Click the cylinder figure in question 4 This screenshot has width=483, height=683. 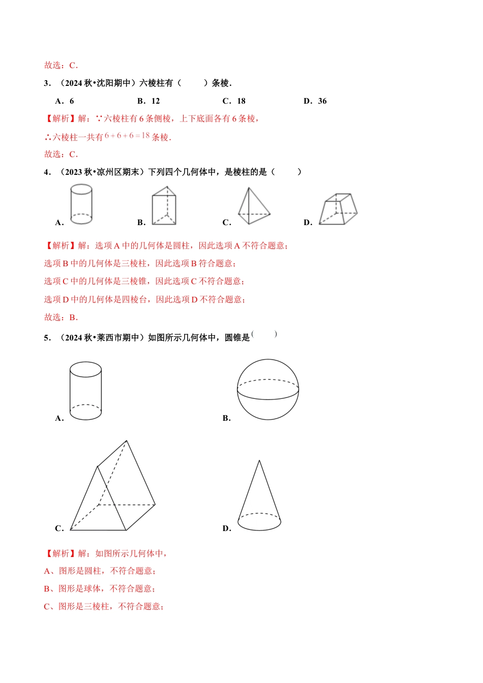point(81,204)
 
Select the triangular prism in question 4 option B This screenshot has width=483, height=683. point(164,206)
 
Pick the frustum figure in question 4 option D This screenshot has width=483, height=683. point(338,209)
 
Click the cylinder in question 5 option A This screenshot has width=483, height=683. point(85,391)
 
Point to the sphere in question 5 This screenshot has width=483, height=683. point(268,390)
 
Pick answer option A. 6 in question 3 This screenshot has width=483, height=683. point(65,101)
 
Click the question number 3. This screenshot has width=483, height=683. point(47,83)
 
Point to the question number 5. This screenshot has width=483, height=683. point(47,338)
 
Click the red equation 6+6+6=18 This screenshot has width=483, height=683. point(127,136)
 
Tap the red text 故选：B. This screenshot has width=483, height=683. point(61,318)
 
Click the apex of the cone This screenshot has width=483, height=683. point(259,461)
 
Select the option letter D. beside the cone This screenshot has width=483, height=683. point(227,529)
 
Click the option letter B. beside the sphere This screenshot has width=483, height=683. point(227,418)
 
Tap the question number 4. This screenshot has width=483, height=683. point(47,172)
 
